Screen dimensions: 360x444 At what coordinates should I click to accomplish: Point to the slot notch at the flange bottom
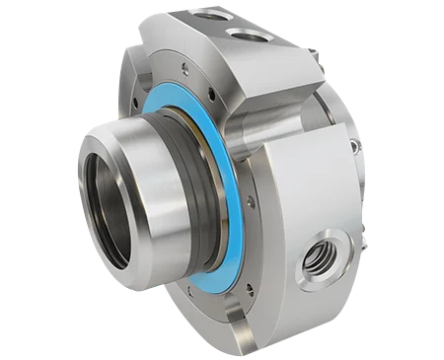tap(241, 326)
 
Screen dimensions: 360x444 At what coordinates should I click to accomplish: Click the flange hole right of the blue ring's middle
tap(251, 201)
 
